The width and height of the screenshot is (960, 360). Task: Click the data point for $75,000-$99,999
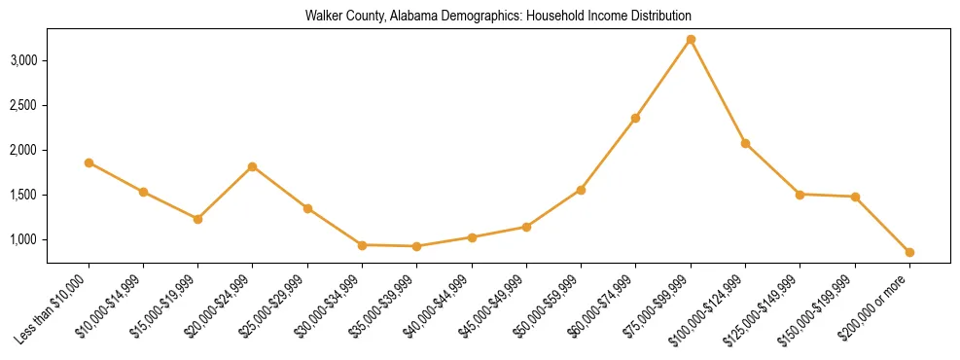(691, 40)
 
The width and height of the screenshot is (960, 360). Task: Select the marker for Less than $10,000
(89, 162)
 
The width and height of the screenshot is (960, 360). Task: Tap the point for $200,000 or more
(909, 252)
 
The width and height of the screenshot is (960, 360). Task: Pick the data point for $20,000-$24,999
(253, 166)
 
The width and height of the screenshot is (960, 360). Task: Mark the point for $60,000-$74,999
(635, 118)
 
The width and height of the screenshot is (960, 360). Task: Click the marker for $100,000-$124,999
(745, 143)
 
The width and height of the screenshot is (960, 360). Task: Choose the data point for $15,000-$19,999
(197, 219)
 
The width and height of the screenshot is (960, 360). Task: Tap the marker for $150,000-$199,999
(855, 197)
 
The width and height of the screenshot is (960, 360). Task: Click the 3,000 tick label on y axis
(23, 60)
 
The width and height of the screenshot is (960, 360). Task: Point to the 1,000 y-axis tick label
(23, 239)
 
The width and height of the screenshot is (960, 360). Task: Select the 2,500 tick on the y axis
(23, 105)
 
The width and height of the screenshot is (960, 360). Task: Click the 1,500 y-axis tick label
(23, 195)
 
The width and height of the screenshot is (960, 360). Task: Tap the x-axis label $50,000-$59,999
(548, 306)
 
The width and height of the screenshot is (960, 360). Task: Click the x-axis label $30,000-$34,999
(329, 306)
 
